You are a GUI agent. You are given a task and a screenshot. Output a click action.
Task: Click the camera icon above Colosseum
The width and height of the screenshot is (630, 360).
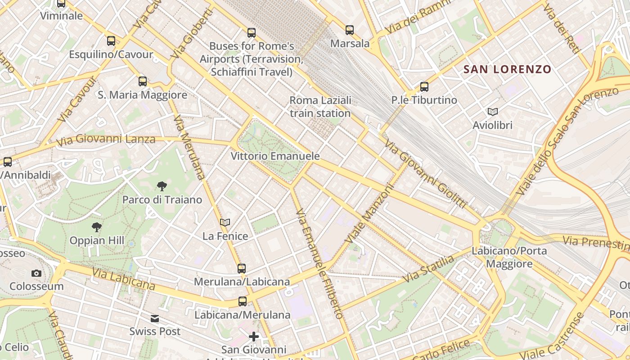[36, 273]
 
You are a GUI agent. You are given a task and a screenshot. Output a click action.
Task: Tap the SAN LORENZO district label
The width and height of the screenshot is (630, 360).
[507, 69]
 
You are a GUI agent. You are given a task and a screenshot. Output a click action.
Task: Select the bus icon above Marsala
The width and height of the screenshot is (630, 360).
[350, 30]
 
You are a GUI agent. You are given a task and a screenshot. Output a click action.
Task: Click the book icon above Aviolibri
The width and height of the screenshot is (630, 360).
[493, 112]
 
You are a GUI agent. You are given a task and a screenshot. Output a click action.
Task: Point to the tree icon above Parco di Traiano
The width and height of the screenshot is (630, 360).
[162, 186]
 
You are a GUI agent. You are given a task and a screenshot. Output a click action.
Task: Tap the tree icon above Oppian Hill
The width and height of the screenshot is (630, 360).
[96, 227]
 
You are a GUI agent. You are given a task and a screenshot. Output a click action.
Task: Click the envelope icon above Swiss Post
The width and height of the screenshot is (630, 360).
[155, 319]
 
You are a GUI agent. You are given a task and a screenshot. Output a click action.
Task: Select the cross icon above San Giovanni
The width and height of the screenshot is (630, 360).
[254, 336]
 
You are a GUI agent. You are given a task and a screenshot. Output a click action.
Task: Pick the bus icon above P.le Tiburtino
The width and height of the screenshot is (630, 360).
[424, 86]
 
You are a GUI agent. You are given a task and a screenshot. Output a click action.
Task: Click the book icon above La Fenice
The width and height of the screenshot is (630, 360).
[225, 222]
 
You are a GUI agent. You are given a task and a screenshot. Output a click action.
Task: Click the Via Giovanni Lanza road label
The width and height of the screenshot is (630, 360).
[106, 140]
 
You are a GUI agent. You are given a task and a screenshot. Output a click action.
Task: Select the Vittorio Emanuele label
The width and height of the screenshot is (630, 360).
[275, 156]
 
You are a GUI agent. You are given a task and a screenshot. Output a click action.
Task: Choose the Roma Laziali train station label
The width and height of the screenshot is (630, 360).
[320, 107]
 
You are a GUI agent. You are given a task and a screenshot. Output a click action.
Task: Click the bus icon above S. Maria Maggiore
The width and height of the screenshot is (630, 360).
[143, 81]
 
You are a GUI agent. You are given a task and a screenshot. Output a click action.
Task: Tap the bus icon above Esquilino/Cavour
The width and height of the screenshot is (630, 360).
[111, 41]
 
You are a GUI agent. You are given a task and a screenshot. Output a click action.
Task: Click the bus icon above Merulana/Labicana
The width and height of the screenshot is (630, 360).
[242, 269]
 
